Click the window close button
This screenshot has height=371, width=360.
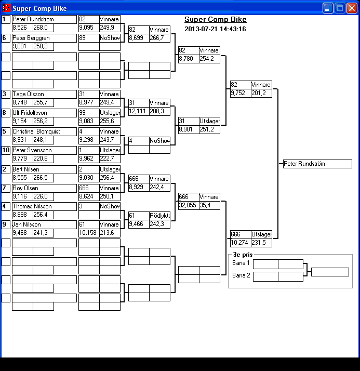(x=352, y=8)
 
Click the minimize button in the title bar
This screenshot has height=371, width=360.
(x=328, y=8)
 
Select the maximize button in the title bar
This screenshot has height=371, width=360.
(x=340, y=8)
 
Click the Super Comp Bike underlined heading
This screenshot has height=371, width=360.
(x=215, y=20)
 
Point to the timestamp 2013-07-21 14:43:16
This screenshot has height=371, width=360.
(x=215, y=29)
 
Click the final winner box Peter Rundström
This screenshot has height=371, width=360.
(x=317, y=164)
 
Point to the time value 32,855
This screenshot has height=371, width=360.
(x=188, y=205)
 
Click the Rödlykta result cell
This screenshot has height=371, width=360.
(x=159, y=216)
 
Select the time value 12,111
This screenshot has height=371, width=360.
(x=138, y=111)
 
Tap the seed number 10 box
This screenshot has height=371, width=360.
(x=6, y=150)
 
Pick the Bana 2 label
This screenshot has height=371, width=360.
(x=241, y=275)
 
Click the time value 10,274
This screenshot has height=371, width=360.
(x=240, y=243)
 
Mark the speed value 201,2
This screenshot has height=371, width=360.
(x=261, y=93)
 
